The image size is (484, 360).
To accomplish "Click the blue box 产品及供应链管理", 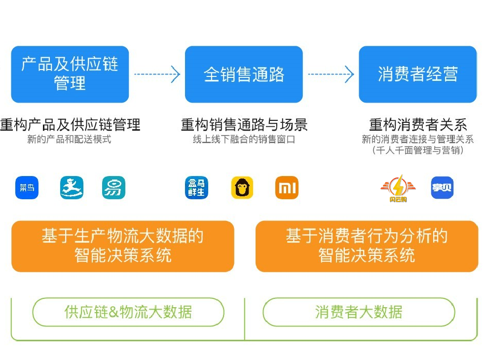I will point(70,74).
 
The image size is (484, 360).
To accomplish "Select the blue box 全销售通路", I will point(244,74).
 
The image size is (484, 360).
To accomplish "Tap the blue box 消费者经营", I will point(417,74).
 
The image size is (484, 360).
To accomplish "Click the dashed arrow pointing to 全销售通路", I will point(157,74).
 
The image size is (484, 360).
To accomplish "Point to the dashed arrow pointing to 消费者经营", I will point(331,74).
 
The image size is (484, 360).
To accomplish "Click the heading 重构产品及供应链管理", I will point(70,124).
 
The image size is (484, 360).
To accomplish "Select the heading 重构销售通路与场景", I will point(244,124).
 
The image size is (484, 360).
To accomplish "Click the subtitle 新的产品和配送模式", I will point(70,140).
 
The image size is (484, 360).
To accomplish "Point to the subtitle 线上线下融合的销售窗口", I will point(244,140).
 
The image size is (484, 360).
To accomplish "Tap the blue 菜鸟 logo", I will point(27,187).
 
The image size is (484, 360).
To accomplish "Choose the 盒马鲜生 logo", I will point(196,187).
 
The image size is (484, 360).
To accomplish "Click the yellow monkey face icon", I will point(242,187).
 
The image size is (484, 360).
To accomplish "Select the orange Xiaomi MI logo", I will point(287,187).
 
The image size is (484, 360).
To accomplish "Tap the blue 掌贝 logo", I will point(442,187).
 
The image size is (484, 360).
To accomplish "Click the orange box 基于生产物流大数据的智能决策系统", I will point(122,246).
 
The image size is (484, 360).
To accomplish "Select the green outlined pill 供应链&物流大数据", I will point(128,312).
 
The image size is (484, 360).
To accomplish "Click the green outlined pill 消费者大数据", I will point(359,312).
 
